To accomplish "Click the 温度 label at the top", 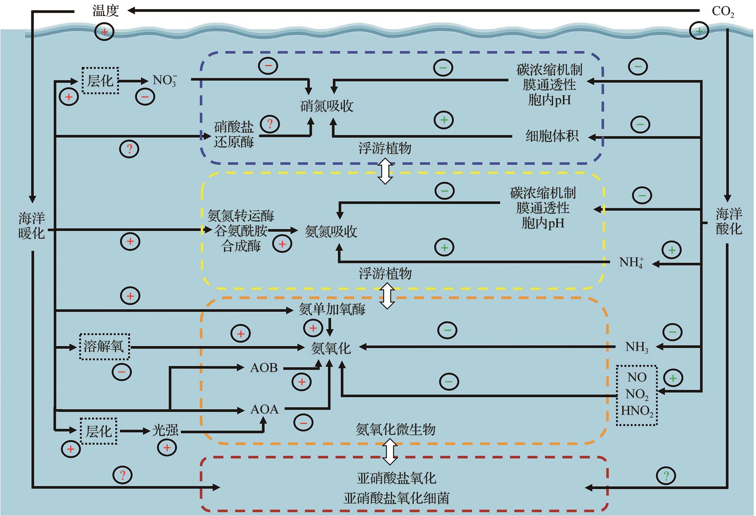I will (x=105, y=11).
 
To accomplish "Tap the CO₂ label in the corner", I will (x=723, y=12).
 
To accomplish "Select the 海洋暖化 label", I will (x=32, y=226).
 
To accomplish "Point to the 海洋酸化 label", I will (x=728, y=221).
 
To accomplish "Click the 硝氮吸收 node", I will (x=327, y=106).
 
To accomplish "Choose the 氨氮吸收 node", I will (x=331, y=231).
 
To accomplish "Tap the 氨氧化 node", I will (x=331, y=348).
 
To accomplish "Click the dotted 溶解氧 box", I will (x=104, y=347).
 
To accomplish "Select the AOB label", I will (x=264, y=368).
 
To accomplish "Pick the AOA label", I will (x=264, y=410).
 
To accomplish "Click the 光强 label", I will (x=165, y=431).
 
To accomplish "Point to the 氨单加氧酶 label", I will (x=332, y=309).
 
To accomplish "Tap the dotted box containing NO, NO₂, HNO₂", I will (x=637, y=395).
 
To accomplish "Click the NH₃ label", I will (x=636, y=347).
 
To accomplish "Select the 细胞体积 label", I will (x=552, y=136).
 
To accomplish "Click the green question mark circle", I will (x=666, y=476).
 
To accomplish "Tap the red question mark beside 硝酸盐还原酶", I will (x=270, y=124).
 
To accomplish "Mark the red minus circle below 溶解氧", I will (x=121, y=372).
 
